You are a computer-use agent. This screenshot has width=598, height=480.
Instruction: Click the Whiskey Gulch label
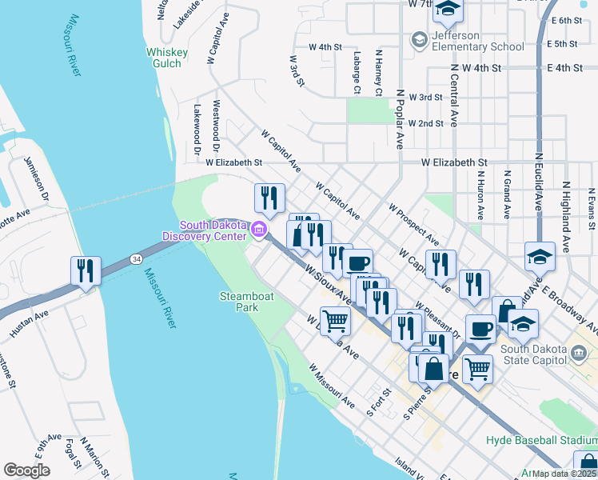pyautogui.click(x=166, y=58)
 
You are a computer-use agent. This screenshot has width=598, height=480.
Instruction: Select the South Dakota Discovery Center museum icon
pyautogui.click(x=258, y=230)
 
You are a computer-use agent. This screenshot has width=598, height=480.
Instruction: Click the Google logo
pyautogui.click(x=26, y=470)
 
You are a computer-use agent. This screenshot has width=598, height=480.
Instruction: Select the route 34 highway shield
pyautogui.click(x=138, y=258)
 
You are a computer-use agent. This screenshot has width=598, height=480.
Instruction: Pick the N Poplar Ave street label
pyautogui.click(x=399, y=118)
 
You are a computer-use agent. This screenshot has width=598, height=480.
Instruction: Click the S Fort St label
pyautogui.click(x=378, y=402)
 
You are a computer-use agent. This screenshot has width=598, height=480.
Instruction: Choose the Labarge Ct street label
pyautogui.click(x=357, y=72)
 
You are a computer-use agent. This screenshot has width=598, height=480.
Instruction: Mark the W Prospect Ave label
pyautogui.click(x=414, y=224)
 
